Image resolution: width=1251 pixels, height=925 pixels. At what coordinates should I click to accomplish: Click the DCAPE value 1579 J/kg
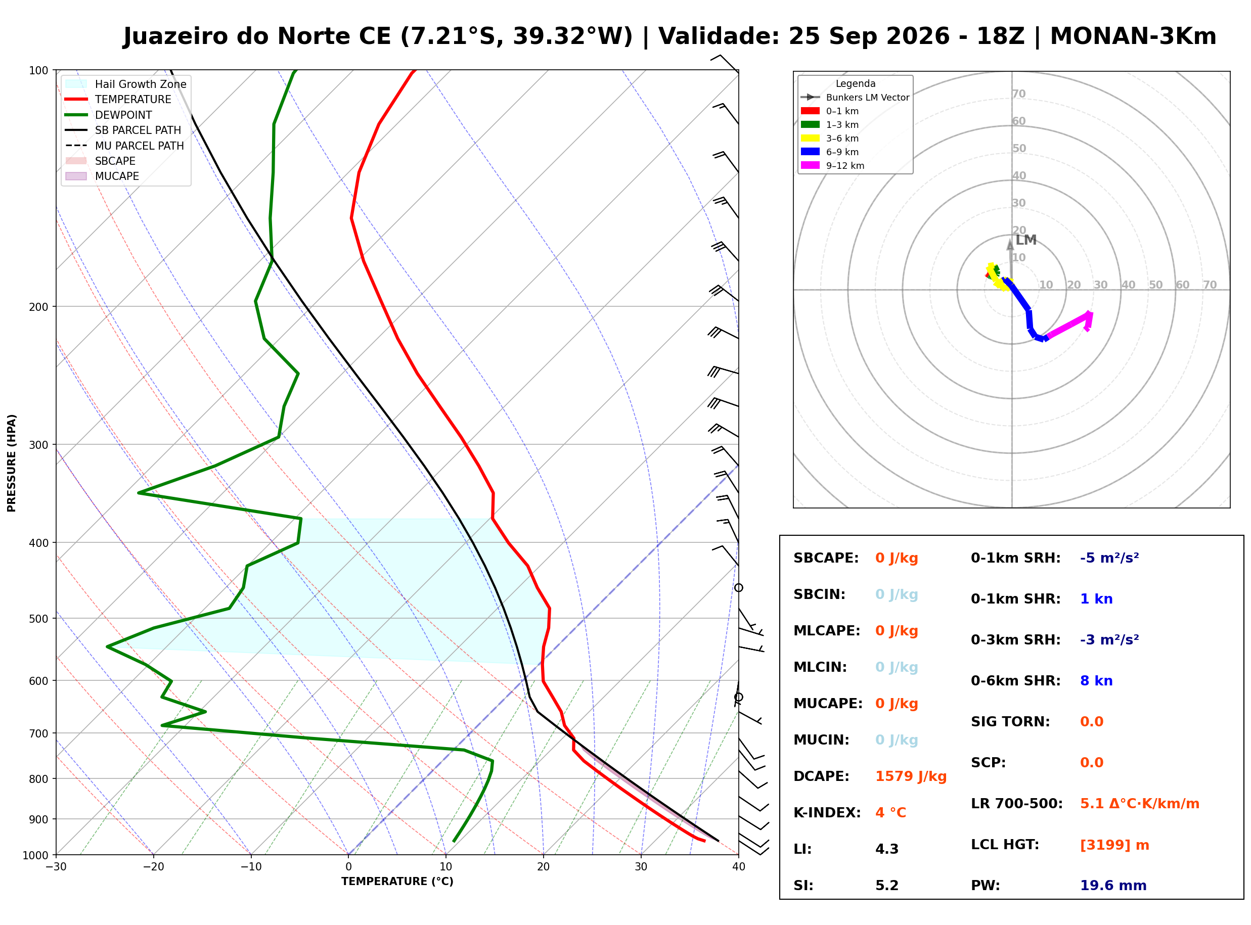(911, 776)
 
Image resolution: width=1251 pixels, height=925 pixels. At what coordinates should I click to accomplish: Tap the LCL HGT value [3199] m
(1114, 845)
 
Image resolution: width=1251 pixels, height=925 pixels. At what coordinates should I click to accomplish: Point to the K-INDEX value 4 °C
(890, 813)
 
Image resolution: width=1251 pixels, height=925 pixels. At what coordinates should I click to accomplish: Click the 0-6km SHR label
(1015, 681)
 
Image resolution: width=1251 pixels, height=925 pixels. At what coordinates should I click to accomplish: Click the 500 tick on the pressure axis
(38, 619)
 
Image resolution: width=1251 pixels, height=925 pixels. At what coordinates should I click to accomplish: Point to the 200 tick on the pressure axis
(38, 307)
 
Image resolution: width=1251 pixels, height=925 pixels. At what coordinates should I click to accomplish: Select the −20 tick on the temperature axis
(153, 867)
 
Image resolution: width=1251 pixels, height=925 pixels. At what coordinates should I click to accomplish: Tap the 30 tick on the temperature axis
(641, 867)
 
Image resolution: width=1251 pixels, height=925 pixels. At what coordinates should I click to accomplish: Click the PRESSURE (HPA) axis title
(12, 463)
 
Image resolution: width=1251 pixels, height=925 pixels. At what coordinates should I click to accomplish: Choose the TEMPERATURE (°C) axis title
(397, 882)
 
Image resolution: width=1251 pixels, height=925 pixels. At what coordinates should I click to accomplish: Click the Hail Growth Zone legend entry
(126, 84)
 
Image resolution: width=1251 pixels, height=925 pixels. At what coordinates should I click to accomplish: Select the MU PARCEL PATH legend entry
(124, 146)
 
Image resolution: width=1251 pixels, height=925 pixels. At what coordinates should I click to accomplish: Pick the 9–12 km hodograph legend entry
(832, 166)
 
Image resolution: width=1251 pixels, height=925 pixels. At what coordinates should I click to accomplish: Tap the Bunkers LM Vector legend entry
(855, 98)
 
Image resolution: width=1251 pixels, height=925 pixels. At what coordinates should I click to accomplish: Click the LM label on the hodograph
(1026, 240)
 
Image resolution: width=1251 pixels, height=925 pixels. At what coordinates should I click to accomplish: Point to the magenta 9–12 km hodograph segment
(1067, 326)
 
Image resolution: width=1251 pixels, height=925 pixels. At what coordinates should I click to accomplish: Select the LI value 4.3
(886, 849)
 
